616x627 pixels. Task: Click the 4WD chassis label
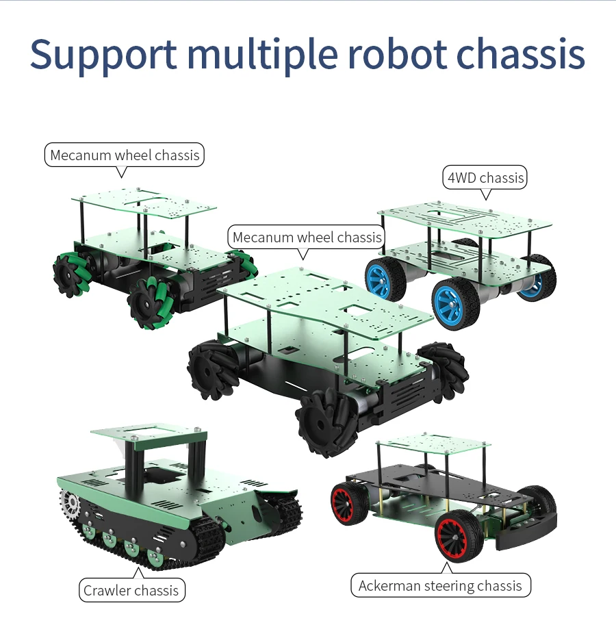(x=485, y=178)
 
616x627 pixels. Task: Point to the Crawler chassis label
(x=131, y=590)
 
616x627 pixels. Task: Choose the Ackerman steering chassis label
(x=440, y=585)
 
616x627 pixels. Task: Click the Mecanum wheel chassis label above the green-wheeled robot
(x=125, y=155)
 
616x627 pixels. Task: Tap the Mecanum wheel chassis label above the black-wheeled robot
(x=307, y=238)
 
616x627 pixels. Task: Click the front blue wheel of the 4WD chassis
(x=455, y=303)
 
